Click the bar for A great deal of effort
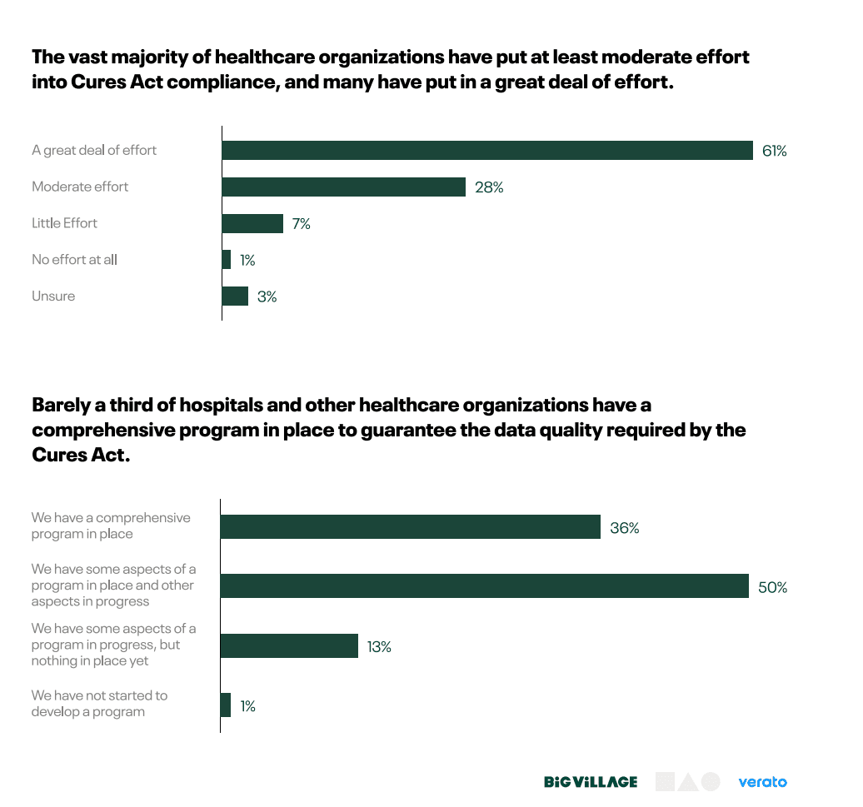[x=487, y=150]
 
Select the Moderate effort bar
[x=343, y=187]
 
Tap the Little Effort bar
[x=252, y=223]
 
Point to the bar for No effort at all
[x=227, y=260]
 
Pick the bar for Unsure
[x=235, y=296]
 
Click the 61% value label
[x=774, y=151]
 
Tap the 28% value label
[x=489, y=187]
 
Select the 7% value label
[x=301, y=224]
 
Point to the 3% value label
[x=267, y=296]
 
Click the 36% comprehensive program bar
[x=410, y=527]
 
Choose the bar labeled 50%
[x=484, y=586]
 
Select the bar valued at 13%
[x=288, y=646]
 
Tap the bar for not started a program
[x=226, y=705]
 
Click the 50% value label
[x=773, y=587]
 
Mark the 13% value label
[x=378, y=646]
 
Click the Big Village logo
[x=591, y=782]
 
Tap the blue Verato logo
[x=762, y=782]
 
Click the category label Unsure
[x=53, y=296]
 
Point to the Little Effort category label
[x=64, y=223]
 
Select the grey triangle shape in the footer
[x=687, y=782]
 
